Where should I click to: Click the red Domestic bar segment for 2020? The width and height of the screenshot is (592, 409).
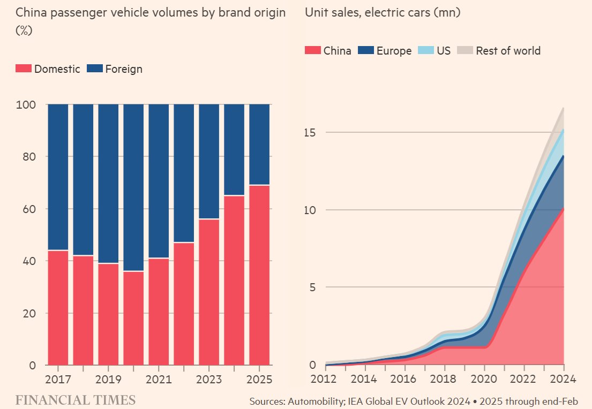tap(133, 318)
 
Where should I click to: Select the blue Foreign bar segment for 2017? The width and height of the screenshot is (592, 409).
tap(58, 177)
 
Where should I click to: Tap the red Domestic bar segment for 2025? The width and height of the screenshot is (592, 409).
tap(259, 275)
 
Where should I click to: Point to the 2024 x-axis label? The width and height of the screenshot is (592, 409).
tap(564, 378)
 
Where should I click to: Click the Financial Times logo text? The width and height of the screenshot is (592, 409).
tap(75, 400)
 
